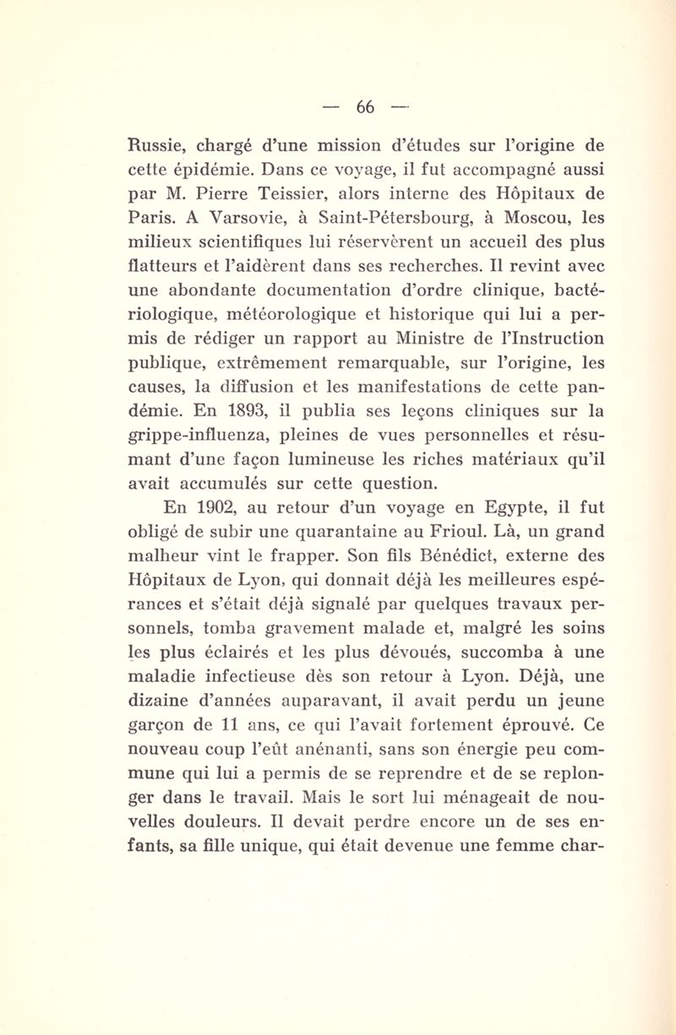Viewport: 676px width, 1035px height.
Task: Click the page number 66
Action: click(364, 107)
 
